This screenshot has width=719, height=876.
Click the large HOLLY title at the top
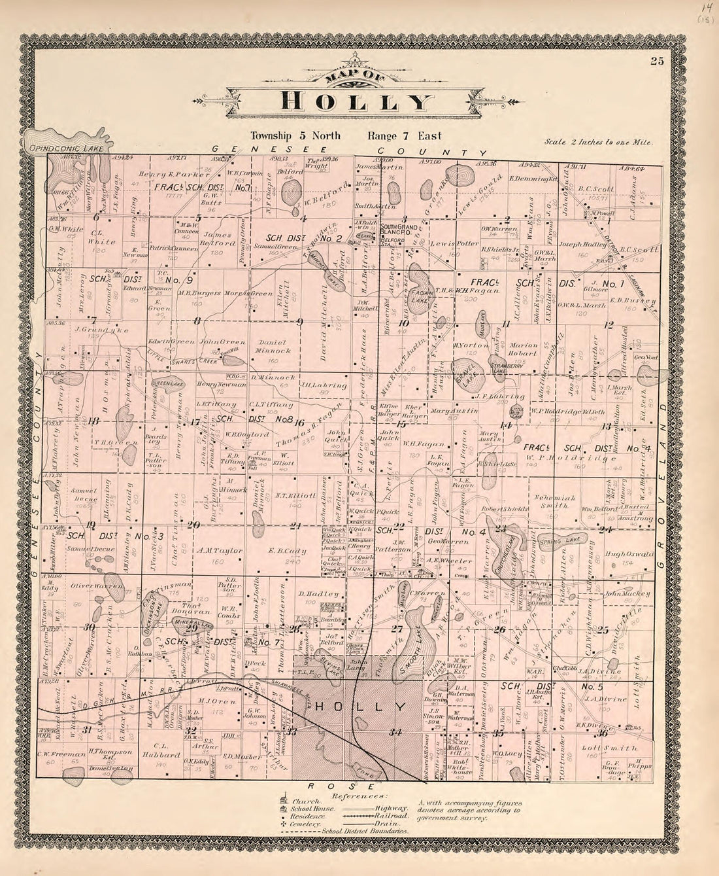click(358, 101)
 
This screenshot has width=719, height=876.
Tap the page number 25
click(657, 61)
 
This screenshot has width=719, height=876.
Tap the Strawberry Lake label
click(507, 371)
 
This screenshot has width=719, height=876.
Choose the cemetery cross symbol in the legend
click(284, 824)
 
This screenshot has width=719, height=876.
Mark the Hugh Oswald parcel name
click(628, 554)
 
